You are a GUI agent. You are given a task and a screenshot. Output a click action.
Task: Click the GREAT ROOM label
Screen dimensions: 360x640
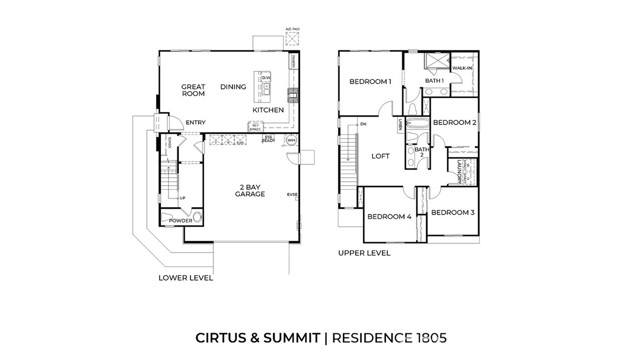[x=193, y=90]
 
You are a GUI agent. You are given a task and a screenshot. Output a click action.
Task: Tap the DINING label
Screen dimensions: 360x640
[x=233, y=87]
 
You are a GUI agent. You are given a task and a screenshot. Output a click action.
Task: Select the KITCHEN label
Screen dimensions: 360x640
[x=268, y=110]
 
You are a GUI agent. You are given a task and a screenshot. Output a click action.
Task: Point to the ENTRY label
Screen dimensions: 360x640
[x=196, y=123]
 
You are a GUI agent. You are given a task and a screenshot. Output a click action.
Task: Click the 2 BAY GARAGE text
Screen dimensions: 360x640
[x=250, y=191]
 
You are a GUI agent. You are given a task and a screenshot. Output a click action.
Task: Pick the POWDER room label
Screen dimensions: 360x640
[x=181, y=221]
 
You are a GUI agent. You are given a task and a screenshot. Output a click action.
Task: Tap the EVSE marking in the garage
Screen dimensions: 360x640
[x=293, y=194]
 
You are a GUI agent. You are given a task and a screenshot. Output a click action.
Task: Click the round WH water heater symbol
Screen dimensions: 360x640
[x=291, y=142]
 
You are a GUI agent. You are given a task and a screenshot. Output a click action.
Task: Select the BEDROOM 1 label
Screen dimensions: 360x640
[x=369, y=82]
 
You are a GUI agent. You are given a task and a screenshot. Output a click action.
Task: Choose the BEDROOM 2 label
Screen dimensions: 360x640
[x=454, y=122]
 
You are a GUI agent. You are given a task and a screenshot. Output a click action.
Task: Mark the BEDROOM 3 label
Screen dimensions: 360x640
[x=453, y=213]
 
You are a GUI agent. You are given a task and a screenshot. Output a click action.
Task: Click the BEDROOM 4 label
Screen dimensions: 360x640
[x=389, y=217]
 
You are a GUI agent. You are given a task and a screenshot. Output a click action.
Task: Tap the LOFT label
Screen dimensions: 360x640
[x=381, y=156]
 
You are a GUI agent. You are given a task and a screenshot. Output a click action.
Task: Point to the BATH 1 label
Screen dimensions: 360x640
[x=434, y=81]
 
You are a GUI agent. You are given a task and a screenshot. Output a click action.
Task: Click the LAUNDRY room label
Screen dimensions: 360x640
[x=462, y=170]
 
